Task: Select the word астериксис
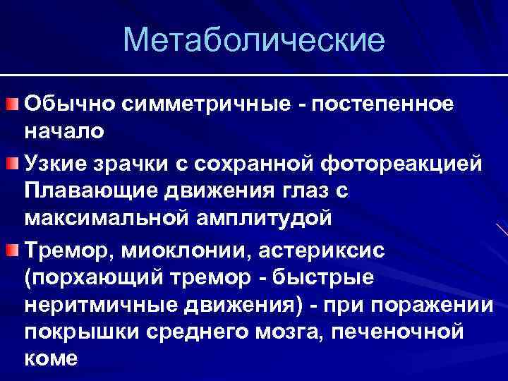(309, 250)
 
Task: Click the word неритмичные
(95, 304)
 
